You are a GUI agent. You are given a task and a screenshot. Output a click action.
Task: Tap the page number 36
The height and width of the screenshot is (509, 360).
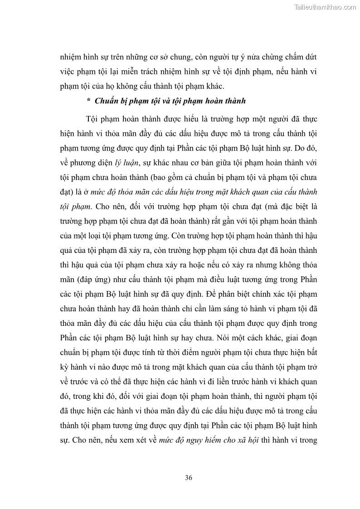click(x=189, y=478)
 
